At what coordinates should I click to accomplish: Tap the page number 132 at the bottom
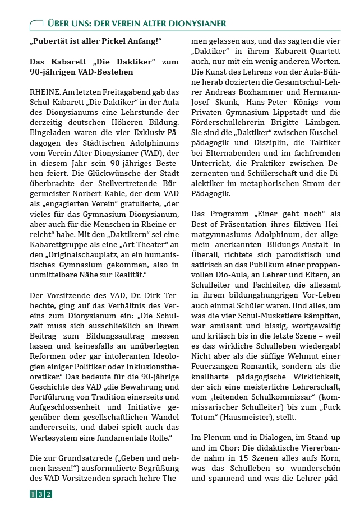click(x=41, y=494)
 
